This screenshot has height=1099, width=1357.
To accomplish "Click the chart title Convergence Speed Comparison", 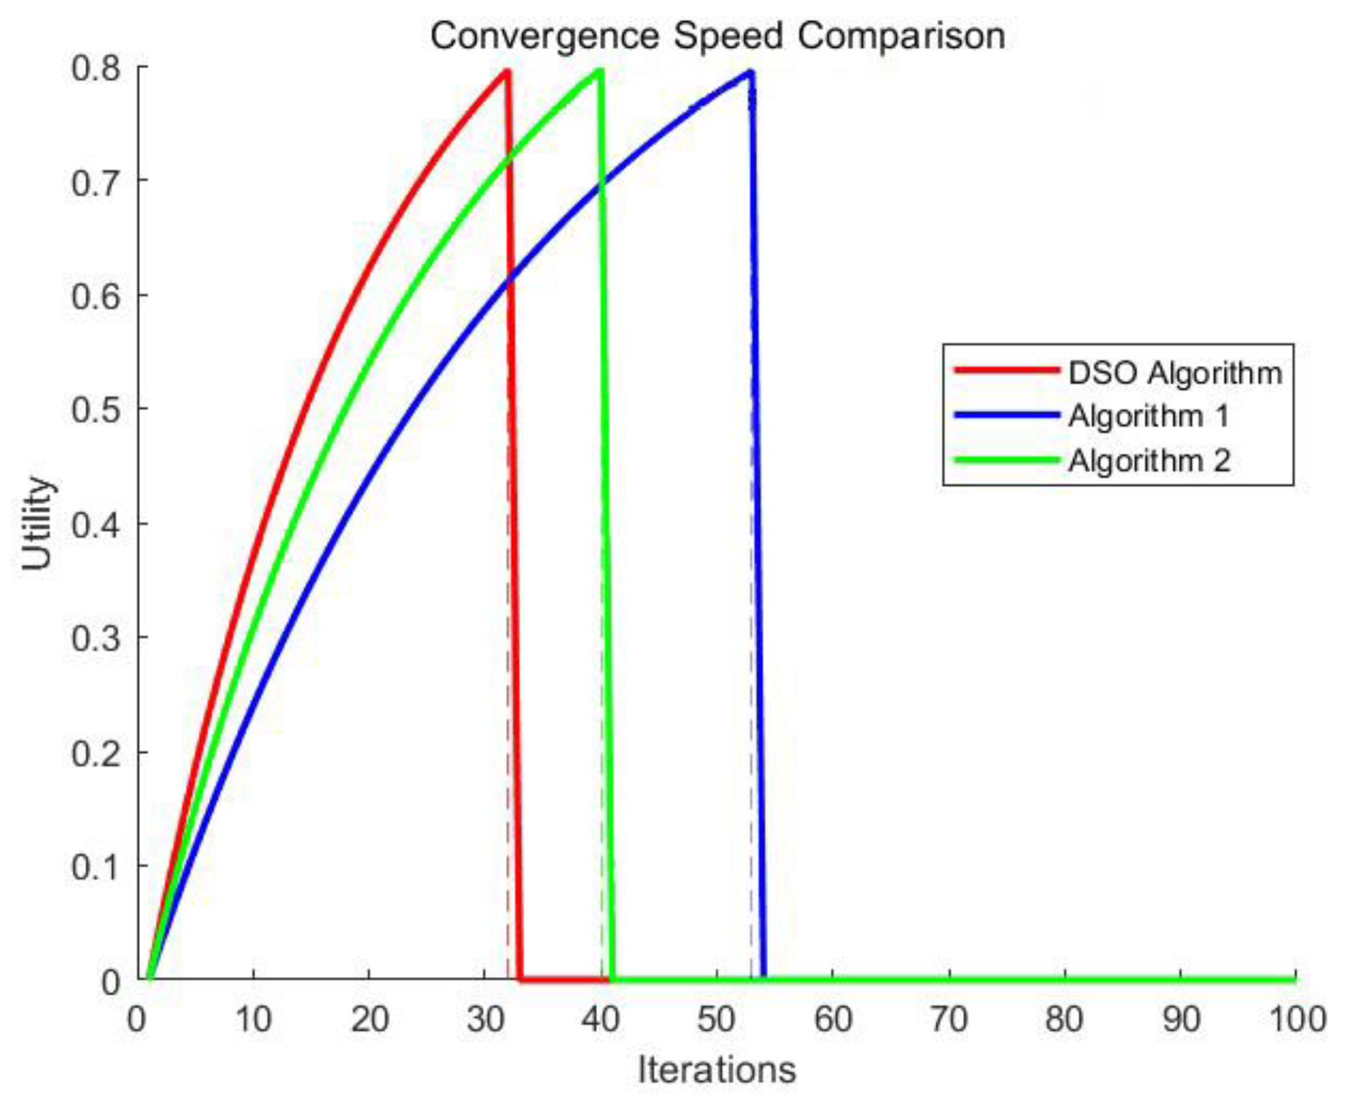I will [x=717, y=36].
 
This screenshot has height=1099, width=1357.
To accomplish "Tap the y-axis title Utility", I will [x=37, y=522].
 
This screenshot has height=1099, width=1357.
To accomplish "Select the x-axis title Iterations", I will [x=716, y=1070].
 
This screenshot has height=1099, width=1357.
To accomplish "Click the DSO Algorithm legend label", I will [x=1174, y=373].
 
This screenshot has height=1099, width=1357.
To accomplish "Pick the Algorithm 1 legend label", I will [x=1148, y=416].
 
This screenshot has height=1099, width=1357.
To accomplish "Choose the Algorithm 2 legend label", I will [x=1148, y=461].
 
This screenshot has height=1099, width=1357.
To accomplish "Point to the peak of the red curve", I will [x=507, y=71].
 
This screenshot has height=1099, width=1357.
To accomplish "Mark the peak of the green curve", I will [x=600, y=71].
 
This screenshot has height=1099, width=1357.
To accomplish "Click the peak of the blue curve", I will [x=750, y=72].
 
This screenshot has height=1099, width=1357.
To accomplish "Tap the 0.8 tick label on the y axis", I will [x=96, y=68].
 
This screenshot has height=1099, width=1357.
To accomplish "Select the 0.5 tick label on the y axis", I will [x=96, y=409].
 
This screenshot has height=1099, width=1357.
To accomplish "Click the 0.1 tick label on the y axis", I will [x=96, y=866].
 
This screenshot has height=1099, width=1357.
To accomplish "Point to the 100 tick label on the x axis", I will [x=1297, y=1019].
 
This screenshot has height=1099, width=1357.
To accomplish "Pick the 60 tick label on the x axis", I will [x=833, y=1019].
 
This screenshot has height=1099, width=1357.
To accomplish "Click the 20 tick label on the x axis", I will [x=369, y=1019].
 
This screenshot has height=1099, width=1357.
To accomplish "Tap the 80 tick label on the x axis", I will [x=1064, y=1019].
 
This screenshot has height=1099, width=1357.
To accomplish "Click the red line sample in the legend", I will [x=1006, y=370].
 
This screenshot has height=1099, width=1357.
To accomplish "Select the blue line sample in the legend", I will [x=1006, y=415].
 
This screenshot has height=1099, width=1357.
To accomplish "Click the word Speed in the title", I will [x=728, y=36].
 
